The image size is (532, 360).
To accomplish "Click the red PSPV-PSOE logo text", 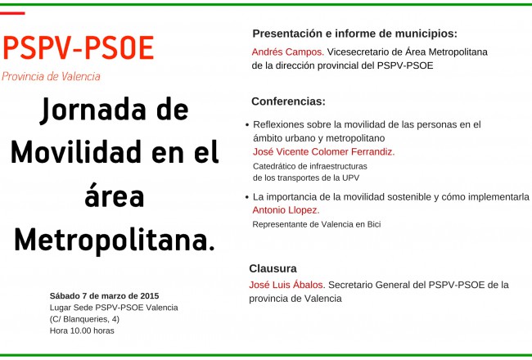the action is pos(79,47).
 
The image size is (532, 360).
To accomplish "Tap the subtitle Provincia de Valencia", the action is pos(51,76).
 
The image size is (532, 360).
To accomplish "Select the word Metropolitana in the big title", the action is pos(115,241).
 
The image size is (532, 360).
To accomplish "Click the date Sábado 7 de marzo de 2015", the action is pos(104,296).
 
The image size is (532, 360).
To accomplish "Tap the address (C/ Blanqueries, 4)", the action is pos(84,319).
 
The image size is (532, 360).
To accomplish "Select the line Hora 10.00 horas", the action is pos(82,331).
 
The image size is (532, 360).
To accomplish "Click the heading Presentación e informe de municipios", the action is pos(355,34).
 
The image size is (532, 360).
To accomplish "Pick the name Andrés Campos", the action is pos(288,52).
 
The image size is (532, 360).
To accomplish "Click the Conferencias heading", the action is pos(288,101).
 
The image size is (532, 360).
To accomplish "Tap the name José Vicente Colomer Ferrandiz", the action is pos(323,151).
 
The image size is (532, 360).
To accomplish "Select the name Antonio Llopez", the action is pos(286,210).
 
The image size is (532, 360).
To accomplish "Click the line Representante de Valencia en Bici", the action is pos(317,224).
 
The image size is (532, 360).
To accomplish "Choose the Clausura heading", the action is pos(273,268).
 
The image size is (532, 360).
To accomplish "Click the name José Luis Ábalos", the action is pos(287,285).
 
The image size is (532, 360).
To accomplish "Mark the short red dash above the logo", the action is pos(12,13).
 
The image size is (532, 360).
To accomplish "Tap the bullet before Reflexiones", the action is pos(247,125).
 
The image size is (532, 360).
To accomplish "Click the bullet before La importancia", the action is pos(247,197).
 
